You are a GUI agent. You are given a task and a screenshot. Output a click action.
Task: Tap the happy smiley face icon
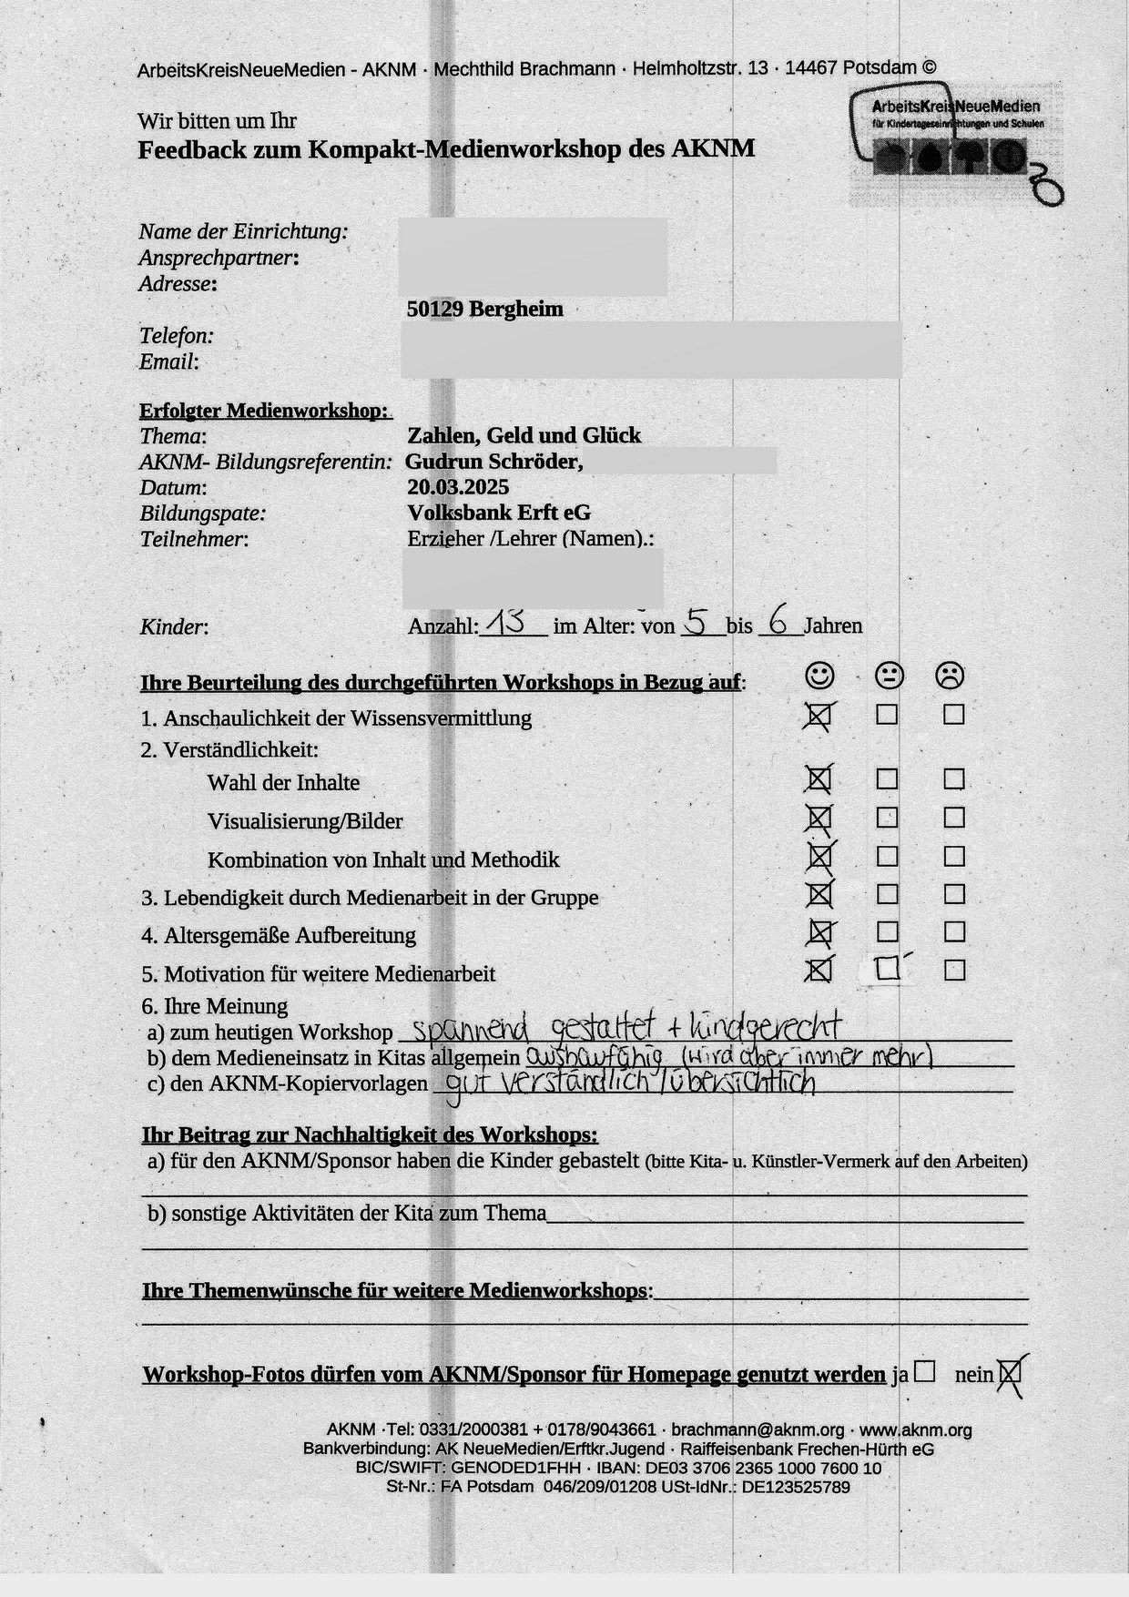coord(819,675)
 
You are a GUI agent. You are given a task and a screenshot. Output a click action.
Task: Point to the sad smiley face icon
coord(950,676)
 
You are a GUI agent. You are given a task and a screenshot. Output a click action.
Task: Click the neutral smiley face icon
coord(889,676)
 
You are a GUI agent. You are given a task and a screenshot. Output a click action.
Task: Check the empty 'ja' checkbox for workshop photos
coord(924,1371)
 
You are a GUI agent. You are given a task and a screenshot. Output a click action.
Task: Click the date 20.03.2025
coord(458,487)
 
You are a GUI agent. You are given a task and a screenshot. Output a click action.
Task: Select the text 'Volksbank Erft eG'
coord(499,513)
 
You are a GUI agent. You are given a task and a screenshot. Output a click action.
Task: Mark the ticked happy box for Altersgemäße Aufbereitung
coord(819,932)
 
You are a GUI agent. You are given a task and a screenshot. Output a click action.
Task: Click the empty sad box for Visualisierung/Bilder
coord(954,818)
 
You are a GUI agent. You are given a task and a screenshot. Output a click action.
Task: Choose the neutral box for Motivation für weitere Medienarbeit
coord(887,970)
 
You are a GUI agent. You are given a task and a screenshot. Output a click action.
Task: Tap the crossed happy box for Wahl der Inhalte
coord(819,779)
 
